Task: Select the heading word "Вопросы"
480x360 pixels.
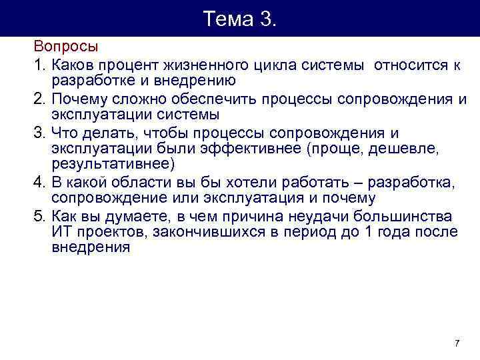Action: [x=66, y=48]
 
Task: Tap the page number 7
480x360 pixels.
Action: [x=457, y=343]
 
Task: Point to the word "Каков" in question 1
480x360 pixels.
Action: [x=73, y=65]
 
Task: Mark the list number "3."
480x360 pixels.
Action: [x=41, y=133]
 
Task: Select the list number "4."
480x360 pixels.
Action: [x=41, y=182]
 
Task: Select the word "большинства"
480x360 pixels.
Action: [x=406, y=216]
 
